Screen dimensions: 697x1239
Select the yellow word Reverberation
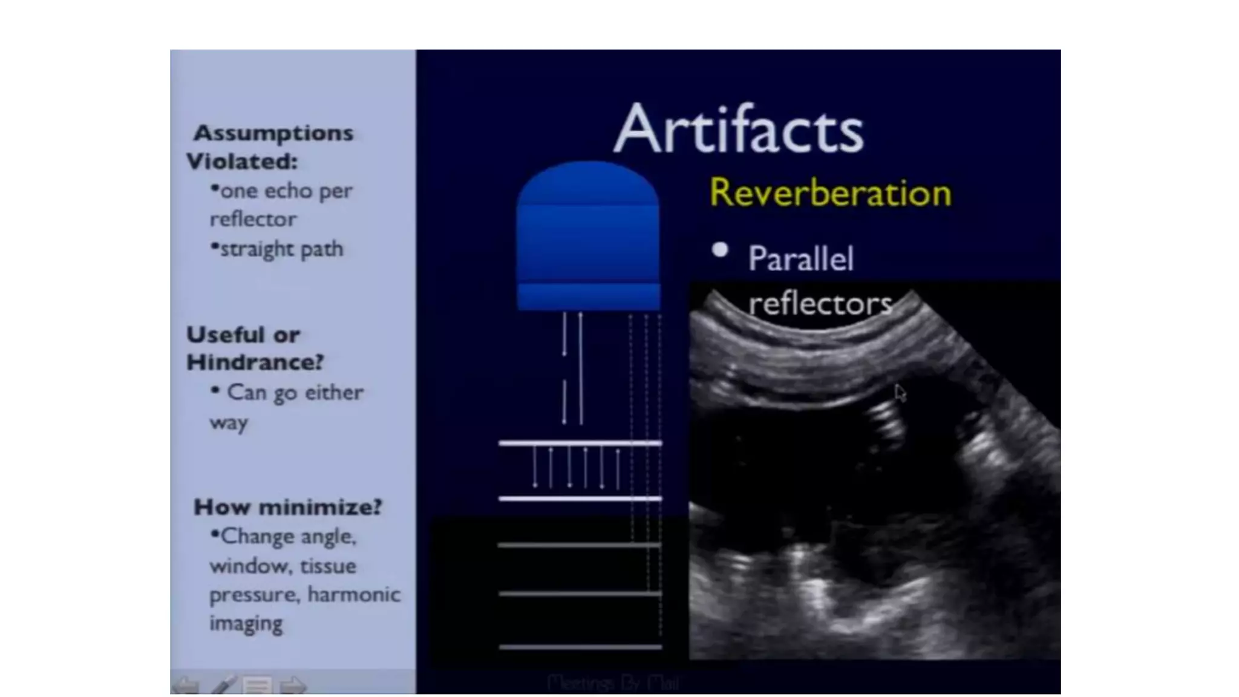click(830, 194)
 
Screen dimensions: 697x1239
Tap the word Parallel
click(800, 259)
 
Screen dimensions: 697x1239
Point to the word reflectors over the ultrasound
click(820, 304)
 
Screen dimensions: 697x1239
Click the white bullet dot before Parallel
click(720, 249)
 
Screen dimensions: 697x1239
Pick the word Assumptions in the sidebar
click(273, 133)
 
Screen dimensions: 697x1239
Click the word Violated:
click(242, 162)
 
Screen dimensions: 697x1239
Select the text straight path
click(281, 249)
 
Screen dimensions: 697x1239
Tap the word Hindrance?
click(255, 362)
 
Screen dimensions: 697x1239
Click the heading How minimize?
click(288, 507)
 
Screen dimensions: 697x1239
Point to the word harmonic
click(353, 595)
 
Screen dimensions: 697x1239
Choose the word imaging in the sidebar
click(246, 623)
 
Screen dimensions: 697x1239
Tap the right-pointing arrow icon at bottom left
click(293, 686)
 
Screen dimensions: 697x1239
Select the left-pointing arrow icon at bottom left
click(186, 686)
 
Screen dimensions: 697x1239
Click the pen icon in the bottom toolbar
click(223, 686)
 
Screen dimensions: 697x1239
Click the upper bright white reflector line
click(580, 443)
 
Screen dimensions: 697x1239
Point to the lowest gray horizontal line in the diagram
click(580, 647)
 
